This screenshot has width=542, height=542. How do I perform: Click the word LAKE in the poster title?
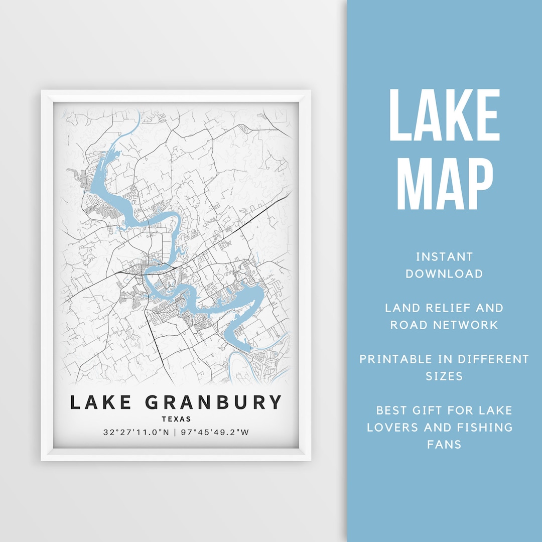100,402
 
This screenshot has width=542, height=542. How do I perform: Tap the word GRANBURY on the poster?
213,402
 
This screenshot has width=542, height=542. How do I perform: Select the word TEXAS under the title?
176,419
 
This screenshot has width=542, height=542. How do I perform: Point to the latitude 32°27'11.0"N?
136,432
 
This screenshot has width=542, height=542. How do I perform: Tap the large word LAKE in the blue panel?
444,116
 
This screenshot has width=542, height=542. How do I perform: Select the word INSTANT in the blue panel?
444,257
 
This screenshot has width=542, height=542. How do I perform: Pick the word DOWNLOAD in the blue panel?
444,274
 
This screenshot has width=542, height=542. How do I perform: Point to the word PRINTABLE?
396,359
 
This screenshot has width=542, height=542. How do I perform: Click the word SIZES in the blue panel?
444,376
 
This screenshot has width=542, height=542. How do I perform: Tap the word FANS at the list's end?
444,444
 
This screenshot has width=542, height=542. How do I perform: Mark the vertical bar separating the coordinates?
175,432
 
